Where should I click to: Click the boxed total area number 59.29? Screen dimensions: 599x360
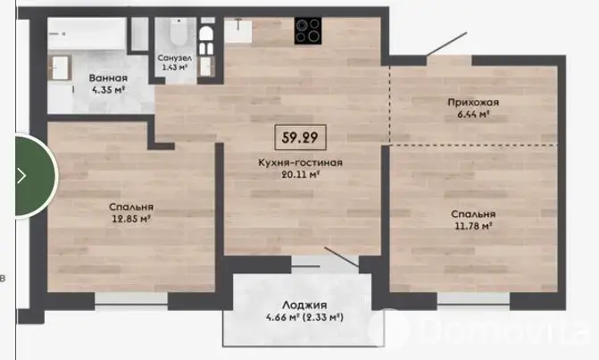click(300, 138)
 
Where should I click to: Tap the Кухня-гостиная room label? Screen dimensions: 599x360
click(300, 163)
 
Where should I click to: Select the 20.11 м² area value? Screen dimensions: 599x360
click(300, 175)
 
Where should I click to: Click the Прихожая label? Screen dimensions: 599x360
click(473, 103)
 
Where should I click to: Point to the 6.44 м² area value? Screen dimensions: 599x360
click(473, 113)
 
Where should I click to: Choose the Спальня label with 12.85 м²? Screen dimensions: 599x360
click(131, 206)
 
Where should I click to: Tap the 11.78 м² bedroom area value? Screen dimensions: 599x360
click(473, 226)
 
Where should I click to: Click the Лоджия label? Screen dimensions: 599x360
click(304, 305)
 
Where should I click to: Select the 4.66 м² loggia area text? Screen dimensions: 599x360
click(283, 317)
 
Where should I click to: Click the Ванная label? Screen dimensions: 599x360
click(108, 79)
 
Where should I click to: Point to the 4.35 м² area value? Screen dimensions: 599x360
click(108, 90)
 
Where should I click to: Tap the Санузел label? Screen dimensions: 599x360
click(175, 58)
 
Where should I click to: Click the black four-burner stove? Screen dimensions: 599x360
click(308, 30)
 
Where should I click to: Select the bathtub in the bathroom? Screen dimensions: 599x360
click(87, 33)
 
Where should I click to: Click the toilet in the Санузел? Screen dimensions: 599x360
click(178, 32)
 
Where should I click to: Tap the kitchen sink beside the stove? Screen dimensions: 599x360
click(237, 30)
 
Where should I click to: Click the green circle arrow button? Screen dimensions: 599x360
click(36, 176)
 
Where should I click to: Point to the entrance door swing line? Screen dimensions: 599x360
click(447, 44)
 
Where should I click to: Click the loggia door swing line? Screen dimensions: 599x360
click(342, 256)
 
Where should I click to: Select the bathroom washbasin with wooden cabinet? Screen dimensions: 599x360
click(60, 68)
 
